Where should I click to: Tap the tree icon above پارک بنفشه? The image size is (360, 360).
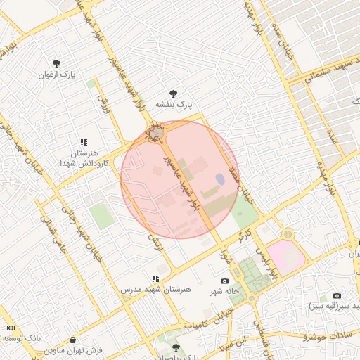174,93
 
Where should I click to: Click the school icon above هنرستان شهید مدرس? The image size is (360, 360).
155,278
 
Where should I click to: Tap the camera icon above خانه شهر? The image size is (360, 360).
225,281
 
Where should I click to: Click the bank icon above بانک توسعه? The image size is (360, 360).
11,328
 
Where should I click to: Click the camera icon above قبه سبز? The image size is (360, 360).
337,296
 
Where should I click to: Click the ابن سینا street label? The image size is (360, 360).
231,345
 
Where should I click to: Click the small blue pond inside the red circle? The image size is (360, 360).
220,179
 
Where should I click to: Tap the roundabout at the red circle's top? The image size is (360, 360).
155,132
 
